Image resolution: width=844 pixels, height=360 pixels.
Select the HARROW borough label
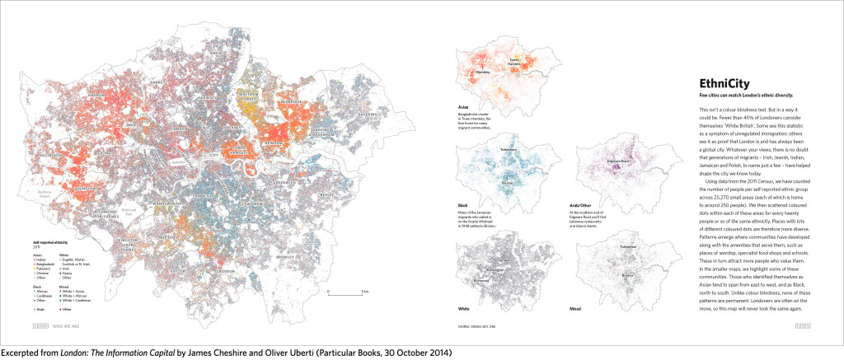pos(96,96)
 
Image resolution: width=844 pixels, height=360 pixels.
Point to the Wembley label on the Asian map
pos(483,72)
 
